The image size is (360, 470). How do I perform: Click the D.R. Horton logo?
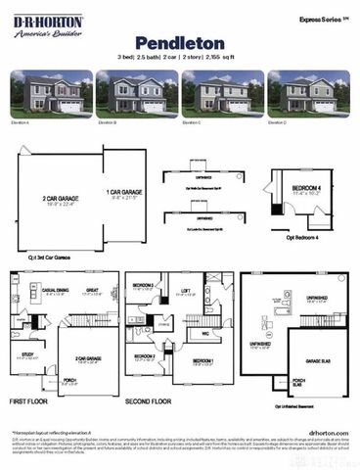tap(47, 24)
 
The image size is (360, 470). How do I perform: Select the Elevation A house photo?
tap(48, 92)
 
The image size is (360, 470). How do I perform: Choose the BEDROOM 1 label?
tap(202, 361)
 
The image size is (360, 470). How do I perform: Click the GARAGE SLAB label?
tap(316, 360)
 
